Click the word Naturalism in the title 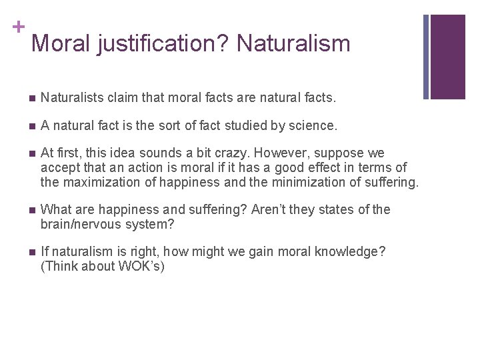(x=293, y=44)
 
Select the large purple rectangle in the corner (x=448, y=57)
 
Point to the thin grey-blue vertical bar (x=427, y=57)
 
